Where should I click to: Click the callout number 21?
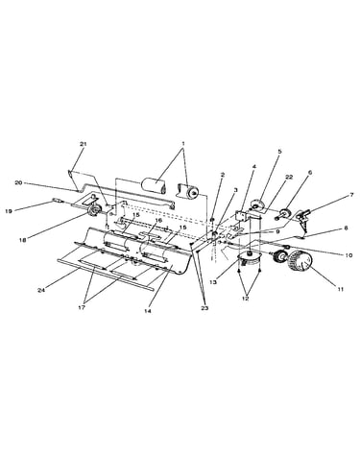[84, 144]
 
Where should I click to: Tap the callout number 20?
[18, 182]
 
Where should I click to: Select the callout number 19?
[9, 211]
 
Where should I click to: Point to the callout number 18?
[23, 239]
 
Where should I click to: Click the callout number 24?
[40, 290]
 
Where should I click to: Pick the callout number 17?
[82, 308]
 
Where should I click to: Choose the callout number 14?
[148, 311]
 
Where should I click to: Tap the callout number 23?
[204, 308]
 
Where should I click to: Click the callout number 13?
[213, 282]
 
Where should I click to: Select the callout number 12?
[246, 299]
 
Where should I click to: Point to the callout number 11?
[341, 289]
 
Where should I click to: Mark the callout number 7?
[351, 195]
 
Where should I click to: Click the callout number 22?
[289, 178]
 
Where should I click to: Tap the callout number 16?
[158, 221]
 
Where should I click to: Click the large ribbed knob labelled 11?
[300, 263]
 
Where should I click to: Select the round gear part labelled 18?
[95, 210]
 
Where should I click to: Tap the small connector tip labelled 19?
[56, 201]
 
